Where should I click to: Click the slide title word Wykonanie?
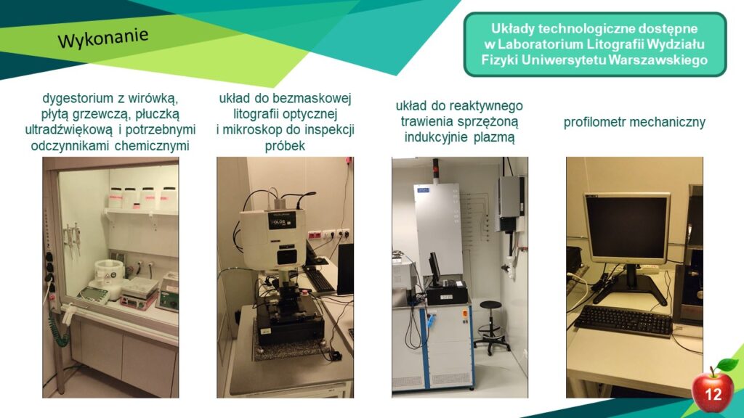coord(103,38)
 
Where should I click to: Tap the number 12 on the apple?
coord(713,394)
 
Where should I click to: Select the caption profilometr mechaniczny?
coord(634,122)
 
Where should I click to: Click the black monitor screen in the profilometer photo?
coord(626,228)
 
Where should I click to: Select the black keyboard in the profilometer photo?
coord(623,320)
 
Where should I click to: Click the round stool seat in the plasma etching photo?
coord(490,305)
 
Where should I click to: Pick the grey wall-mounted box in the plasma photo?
coord(511,203)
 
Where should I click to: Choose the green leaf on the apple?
coord(727,365)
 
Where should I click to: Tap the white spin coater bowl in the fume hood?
coord(109,271)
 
